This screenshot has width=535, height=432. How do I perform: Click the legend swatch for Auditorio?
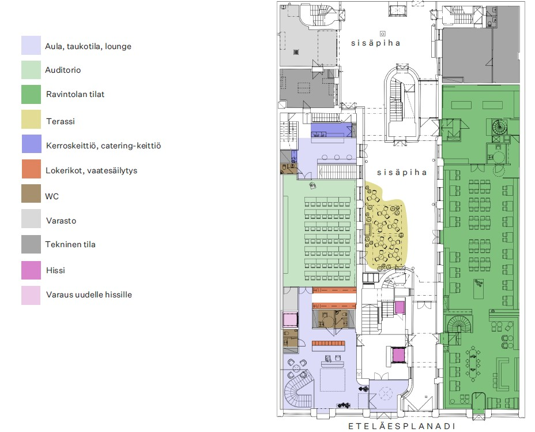pyautogui.click(x=31, y=70)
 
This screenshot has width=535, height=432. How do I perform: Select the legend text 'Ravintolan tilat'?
pyautogui.click(x=75, y=94)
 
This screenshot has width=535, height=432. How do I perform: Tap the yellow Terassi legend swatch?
pyautogui.click(x=31, y=120)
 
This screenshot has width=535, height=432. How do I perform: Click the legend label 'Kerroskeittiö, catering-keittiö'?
pyautogui.click(x=103, y=146)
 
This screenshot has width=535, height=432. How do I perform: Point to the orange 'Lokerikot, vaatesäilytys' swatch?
pyautogui.click(x=31, y=170)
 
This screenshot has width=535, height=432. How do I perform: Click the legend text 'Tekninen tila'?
pyautogui.click(x=70, y=244)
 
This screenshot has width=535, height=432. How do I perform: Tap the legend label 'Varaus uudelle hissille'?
pyautogui.click(x=88, y=295)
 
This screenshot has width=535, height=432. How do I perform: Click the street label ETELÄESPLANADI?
pyautogui.click(x=402, y=426)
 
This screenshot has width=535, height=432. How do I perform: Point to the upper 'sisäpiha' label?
pyautogui.click(x=376, y=43)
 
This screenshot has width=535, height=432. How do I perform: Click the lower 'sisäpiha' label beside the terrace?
pyautogui.click(x=402, y=172)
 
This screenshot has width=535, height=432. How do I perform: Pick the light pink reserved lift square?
pyautogui.click(x=289, y=319)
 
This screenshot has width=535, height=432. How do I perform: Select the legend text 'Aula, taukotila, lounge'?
pyautogui.click(x=88, y=46)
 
